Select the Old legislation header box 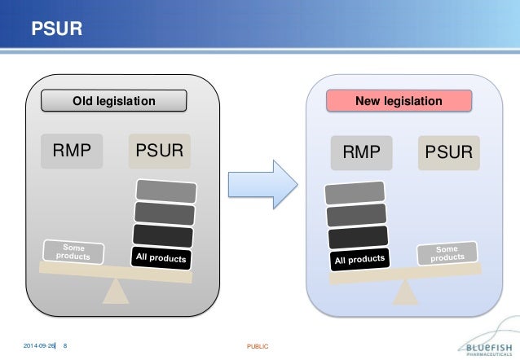pyautogui.click(x=114, y=101)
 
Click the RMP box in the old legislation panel pyautogui.click(x=73, y=151)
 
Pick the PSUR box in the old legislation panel pyautogui.click(x=159, y=151)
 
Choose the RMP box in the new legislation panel pyautogui.click(x=360, y=152)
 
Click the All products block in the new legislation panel pyautogui.click(x=359, y=258)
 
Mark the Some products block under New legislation pyautogui.click(x=447, y=253)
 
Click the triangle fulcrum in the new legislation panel pyautogui.click(x=403, y=291)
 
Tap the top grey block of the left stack pyautogui.click(x=166, y=191)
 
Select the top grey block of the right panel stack pyautogui.click(x=355, y=194)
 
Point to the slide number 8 pyautogui.click(x=65, y=347)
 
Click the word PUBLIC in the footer pyautogui.click(x=258, y=347)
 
